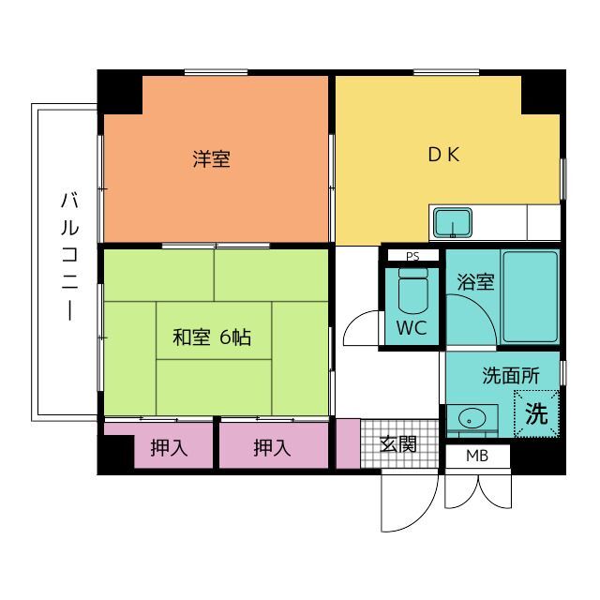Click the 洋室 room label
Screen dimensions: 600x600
tap(211, 159)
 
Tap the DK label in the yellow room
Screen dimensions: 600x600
tap(443, 154)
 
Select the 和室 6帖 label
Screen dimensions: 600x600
tap(212, 337)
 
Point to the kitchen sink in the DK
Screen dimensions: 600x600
tap(452, 223)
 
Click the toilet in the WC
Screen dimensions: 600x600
tap(412, 291)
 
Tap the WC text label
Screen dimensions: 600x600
tap(412, 328)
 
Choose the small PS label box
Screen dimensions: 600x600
tap(412, 256)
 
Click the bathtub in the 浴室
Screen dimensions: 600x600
tap(531, 296)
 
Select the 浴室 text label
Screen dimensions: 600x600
tap(475, 282)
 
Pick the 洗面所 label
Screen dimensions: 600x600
tap(511, 376)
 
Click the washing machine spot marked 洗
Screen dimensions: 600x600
tap(536, 413)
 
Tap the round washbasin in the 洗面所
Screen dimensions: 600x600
tap(472, 418)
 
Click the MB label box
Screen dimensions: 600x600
tap(477, 457)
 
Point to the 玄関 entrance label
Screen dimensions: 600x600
tap(397, 444)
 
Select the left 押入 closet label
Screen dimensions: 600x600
tap(169, 448)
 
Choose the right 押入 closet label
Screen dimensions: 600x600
tap(272, 448)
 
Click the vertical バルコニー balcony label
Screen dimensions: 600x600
tap(70, 256)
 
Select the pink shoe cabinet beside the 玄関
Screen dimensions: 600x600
tap(348, 443)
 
